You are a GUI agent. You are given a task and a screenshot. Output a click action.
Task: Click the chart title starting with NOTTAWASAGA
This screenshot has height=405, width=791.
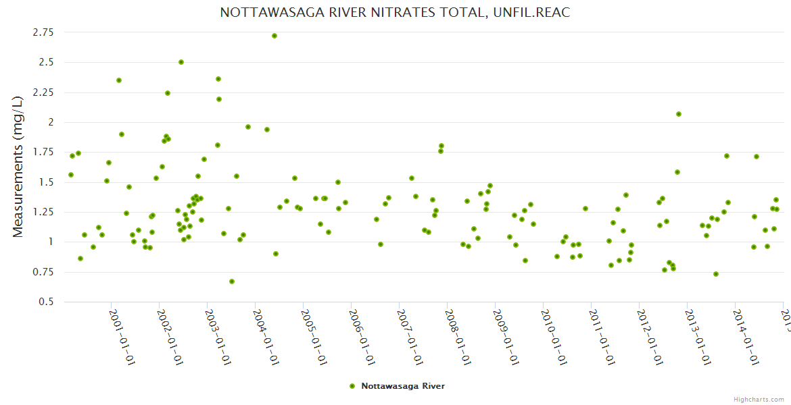click(395, 13)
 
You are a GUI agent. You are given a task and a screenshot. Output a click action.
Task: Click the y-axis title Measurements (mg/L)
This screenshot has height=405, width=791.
click(18, 166)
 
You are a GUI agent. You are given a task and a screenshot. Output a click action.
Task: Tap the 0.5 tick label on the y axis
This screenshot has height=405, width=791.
click(47, 302)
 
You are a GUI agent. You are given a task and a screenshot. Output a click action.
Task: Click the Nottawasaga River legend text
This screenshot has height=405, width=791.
click(403, 386)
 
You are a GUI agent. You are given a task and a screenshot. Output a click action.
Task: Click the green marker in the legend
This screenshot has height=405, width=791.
click(352, 386)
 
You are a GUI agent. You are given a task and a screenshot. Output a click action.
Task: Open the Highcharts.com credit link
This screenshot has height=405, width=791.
click(759, 399)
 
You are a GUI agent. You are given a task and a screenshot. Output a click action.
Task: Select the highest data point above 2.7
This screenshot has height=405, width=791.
click(274, 36)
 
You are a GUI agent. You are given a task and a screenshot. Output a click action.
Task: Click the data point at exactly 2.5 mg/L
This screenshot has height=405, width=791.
click(181, 62)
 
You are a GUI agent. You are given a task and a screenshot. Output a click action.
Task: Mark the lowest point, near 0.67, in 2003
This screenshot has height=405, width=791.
click(232, 281)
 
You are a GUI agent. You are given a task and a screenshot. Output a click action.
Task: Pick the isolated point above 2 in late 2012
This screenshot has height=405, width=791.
click(679, 114)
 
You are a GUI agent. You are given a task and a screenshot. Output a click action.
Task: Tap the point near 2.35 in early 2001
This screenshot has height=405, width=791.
click(119, 80)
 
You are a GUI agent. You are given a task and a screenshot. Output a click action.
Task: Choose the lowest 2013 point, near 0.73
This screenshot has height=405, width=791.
click(716, 274)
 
